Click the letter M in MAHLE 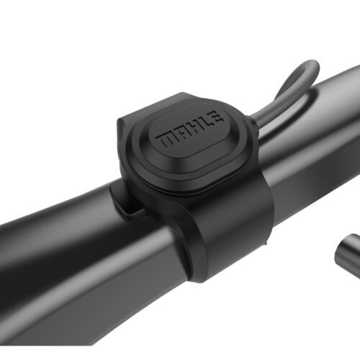[170, 138]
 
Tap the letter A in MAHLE [184, 131]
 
